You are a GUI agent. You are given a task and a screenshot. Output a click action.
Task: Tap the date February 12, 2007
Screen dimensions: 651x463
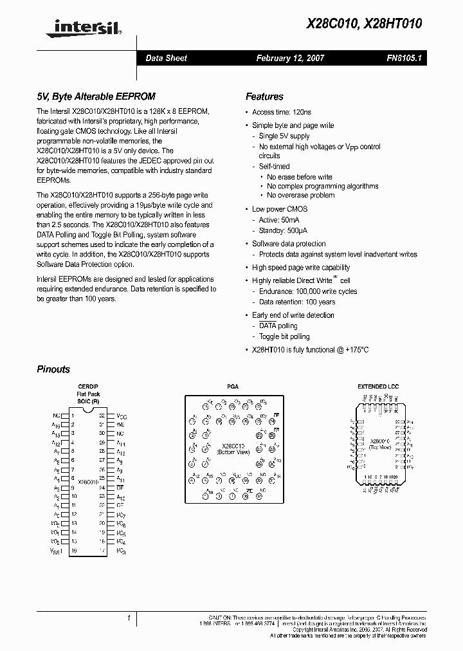click(290, 58)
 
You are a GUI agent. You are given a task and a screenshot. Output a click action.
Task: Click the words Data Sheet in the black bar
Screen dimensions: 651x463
click(166, 58)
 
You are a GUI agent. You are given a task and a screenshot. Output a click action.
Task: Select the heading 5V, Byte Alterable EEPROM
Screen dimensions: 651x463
click(96, 96)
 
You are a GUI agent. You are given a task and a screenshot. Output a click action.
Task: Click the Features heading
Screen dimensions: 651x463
click(264, 96)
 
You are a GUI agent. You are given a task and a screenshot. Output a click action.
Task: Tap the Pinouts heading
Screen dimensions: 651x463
click(53, 369)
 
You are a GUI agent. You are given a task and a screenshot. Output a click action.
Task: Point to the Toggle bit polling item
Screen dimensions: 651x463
click(284, 336)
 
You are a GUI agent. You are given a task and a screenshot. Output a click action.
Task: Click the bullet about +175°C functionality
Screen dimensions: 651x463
click(310, 350)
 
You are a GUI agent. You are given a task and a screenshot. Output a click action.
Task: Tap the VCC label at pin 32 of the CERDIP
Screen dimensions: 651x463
click(121, 416)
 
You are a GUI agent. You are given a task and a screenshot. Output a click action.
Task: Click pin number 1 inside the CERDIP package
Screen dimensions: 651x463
click(73, 416)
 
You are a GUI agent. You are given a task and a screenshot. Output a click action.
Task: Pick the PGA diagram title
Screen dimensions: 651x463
click(233, 387)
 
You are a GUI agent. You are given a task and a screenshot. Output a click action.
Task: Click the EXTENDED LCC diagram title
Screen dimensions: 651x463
click(378, 387)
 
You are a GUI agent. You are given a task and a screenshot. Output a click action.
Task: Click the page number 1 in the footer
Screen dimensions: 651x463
click(129, 618)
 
